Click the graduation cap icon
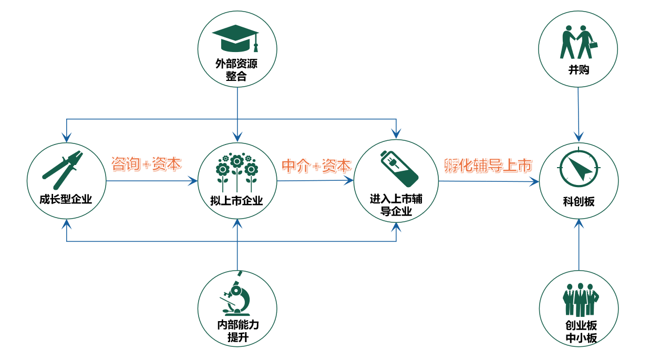(236, 37)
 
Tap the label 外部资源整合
(237, 70)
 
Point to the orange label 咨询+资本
(146, 164)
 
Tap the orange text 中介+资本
(316, 166)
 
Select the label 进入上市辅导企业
(396, 205)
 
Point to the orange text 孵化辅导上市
(488, 166)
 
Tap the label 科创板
(579, 201)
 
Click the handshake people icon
(579, 42)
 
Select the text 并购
(579, 69)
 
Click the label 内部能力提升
(238, 331)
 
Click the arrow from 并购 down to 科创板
(579, 113)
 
